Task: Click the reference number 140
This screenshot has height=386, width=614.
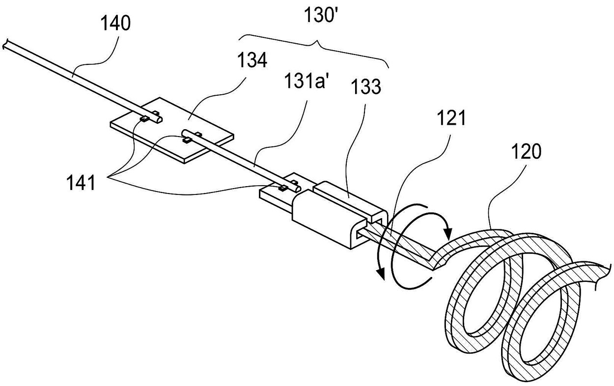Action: point(115,23)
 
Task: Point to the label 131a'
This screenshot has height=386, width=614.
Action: point(305,81)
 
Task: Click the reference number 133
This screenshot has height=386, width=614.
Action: point(366,86)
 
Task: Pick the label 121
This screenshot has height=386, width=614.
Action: point(451,118)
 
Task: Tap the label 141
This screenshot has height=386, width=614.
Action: point(81,183)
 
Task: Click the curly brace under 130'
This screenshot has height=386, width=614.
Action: point(314,49)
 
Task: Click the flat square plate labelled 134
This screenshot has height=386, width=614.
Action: point(172,130)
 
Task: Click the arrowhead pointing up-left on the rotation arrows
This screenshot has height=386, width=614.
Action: point(380,275)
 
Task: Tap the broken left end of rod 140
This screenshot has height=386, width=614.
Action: point(5,45)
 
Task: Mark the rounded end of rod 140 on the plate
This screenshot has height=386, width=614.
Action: point(159,119)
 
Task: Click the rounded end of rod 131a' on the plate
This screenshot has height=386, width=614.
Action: point(184,132)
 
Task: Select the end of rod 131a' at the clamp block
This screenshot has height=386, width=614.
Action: point(298,189)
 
